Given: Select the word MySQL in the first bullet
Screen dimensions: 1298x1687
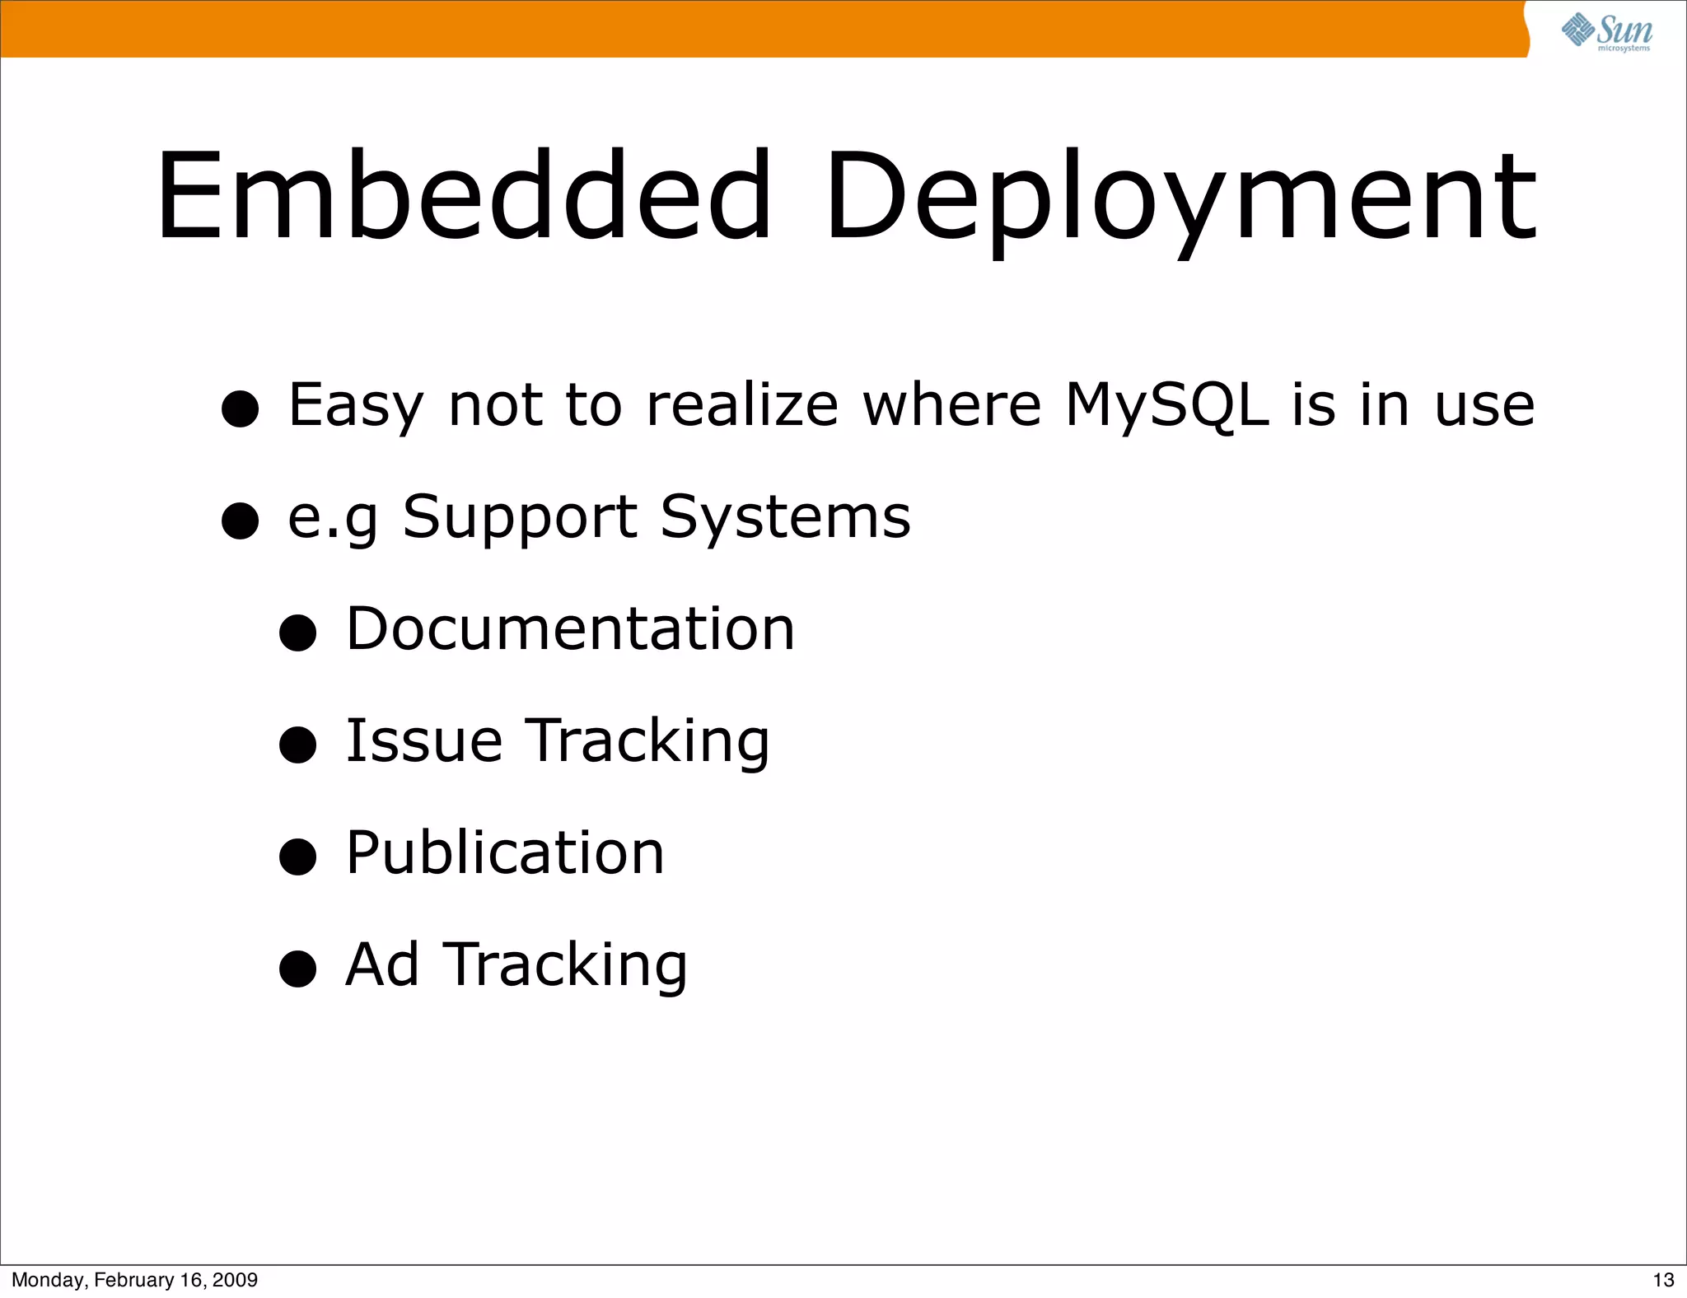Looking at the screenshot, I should point(1166,405).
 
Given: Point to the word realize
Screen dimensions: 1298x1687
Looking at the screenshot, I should point(742,405).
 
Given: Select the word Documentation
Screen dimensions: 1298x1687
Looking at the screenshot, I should point(570,629).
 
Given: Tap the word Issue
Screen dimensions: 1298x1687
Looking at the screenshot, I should point(423,740).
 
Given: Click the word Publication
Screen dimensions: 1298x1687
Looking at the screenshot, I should point(504,852).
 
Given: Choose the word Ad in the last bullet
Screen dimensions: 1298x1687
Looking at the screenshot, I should point(382,964).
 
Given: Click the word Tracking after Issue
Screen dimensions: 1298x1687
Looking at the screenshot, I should point(647,742).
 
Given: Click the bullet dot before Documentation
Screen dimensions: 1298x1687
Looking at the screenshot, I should point(297,633).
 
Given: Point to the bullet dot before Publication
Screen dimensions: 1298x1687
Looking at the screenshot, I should point(297,857).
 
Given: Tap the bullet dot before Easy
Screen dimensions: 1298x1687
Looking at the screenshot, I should point(241,409).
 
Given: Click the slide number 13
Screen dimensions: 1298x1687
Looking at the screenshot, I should point(1663,1280).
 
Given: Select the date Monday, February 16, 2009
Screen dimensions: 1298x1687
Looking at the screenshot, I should point(134,1280).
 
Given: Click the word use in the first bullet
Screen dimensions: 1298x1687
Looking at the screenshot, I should point(1484,407).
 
